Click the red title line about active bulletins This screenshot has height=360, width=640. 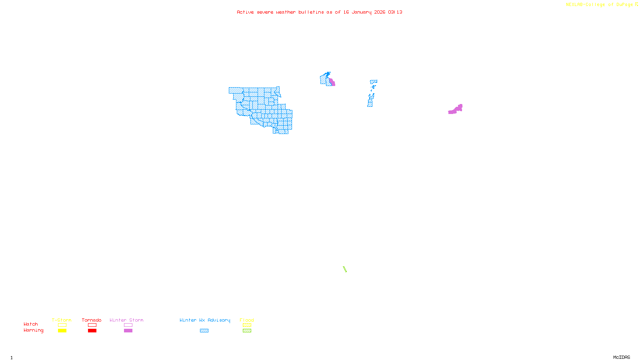(319, 12)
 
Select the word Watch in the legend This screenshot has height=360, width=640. (31, 324)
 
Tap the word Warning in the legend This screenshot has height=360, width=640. (33, 330)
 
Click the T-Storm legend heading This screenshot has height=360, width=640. (62, 320)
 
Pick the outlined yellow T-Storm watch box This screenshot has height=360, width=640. (62, 325)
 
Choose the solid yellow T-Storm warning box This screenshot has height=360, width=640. (62, 331)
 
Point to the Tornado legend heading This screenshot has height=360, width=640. (92, 320)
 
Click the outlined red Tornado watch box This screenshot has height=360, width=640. (92, 325)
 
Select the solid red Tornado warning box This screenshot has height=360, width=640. (92, 331)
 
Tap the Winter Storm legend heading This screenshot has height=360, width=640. (126, 320)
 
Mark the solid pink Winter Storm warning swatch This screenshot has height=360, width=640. (128, 331)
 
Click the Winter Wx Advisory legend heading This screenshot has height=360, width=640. (205, 320)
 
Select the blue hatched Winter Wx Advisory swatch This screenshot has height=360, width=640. (204, 331)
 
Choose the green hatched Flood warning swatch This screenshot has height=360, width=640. (247, 331)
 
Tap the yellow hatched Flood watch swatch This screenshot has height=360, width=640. (247, 325)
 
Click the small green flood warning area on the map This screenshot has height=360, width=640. (345, 269)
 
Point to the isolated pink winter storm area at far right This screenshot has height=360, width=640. (456, 110)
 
